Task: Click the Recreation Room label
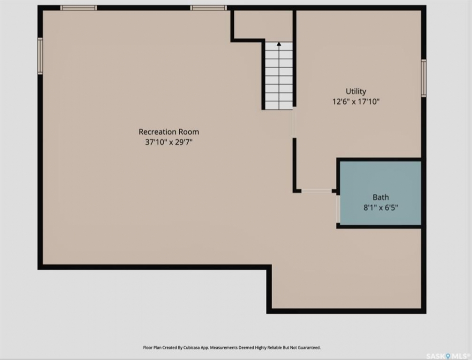pyautogui.click(x=169, y=131)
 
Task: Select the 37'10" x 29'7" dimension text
pyautogui.click(x=169, y=142)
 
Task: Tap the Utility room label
pyautogui.click(x=356, y=91)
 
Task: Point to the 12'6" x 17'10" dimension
pyautogui.click(x=356, y=101)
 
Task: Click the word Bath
pyautogui.click(x=381, y=197)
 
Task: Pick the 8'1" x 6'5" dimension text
pyautogui.click(x=381, y=207)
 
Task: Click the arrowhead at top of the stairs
pyautogui.click(x=279, y=44)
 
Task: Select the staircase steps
pyautogui.click(x=279, y=76)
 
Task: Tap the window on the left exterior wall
pyautogui.click(x=40, y=56)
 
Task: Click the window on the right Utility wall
pyautogui.click(x=423, y=78)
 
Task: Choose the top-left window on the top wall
pyautogui.click(x=79, y=8)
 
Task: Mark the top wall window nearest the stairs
pyautogui.click(x=208, y=8)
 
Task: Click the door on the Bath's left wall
pyautogui.click(x=338, y=209)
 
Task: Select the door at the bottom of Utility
pyautogui.click(x=317, y=191)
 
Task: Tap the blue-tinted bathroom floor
pyautogui.click(x=380, y=193)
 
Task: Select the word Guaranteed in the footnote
pyautogui.click(x=310, y=347)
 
